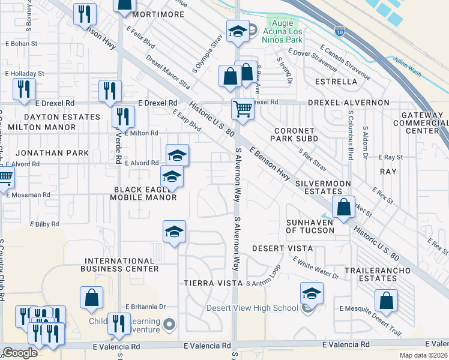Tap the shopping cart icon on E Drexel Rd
(243, 110)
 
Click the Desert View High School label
(252, 308)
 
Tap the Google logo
(20, 353)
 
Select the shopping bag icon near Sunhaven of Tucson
(343, 208)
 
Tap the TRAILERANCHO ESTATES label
(385, 274)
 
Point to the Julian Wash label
(408, 59)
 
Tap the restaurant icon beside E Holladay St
(23, 90)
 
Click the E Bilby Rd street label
(46, 224)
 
